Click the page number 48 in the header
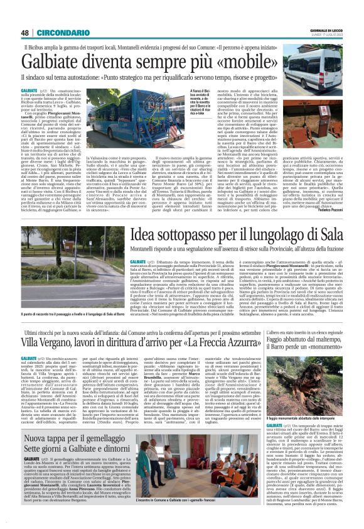coord(24,33)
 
